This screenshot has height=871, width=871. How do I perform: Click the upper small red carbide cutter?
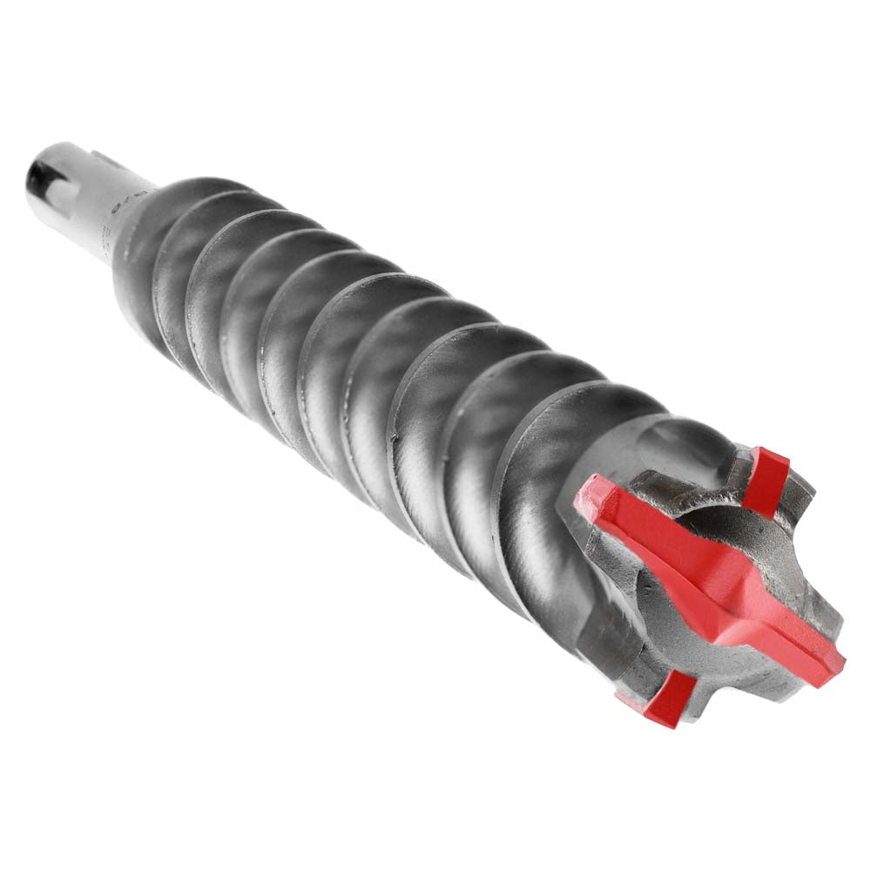coord(767,480)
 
